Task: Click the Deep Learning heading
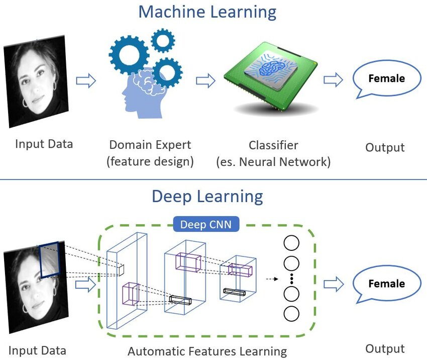207,196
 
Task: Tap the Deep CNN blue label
206,224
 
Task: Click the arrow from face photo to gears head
85,81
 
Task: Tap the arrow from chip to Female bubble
333,80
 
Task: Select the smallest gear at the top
162,40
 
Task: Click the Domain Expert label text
150,145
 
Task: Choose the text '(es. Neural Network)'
273,162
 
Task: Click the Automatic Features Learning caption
207,351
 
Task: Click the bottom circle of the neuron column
291,314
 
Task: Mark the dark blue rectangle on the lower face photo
50,260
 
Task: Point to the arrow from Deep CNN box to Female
333,285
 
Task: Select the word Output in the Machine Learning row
385,147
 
